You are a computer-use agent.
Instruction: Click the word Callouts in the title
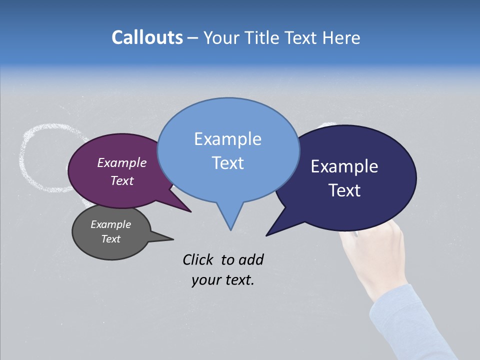coord(147,37)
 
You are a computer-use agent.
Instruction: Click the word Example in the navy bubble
coord(344,166)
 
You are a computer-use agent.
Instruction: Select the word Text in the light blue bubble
coord(228,163)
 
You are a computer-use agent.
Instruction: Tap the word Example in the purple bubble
coord(121,162)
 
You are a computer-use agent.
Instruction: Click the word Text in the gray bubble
coord(110,239)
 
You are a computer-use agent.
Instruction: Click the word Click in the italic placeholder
coord(198,259)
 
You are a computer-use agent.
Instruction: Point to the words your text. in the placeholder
coord(222,280)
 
